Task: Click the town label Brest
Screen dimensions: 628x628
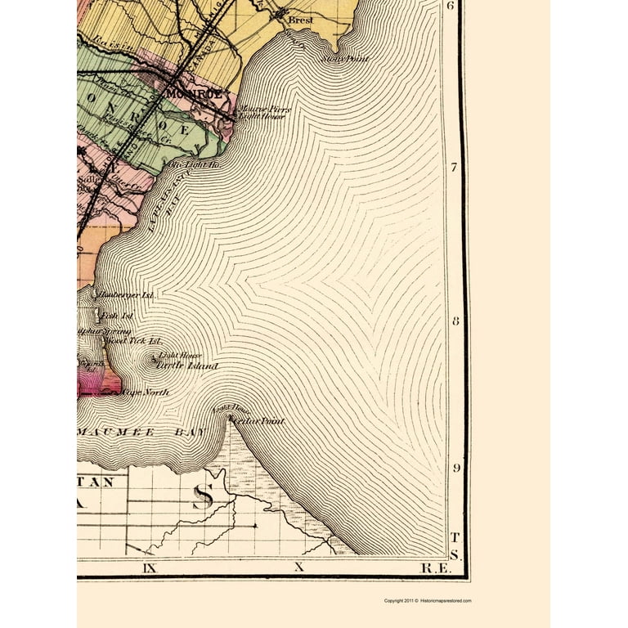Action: pos(301,20)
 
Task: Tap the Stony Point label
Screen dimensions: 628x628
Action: pos(345,59)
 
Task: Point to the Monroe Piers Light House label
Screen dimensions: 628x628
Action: pos(261,113)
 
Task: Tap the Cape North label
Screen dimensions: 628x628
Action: pos(145,392)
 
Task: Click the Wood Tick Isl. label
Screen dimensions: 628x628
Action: pos(134,340)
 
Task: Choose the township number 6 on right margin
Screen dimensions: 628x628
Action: pos(451,7)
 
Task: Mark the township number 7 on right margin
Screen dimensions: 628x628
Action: pos(455,166)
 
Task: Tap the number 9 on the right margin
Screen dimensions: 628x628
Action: pos(455,469)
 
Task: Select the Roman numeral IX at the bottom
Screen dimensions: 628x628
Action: pos(149,566)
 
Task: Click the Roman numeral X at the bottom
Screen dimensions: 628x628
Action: pos(298,566)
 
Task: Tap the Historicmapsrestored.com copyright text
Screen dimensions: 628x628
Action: pos(428,601)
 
